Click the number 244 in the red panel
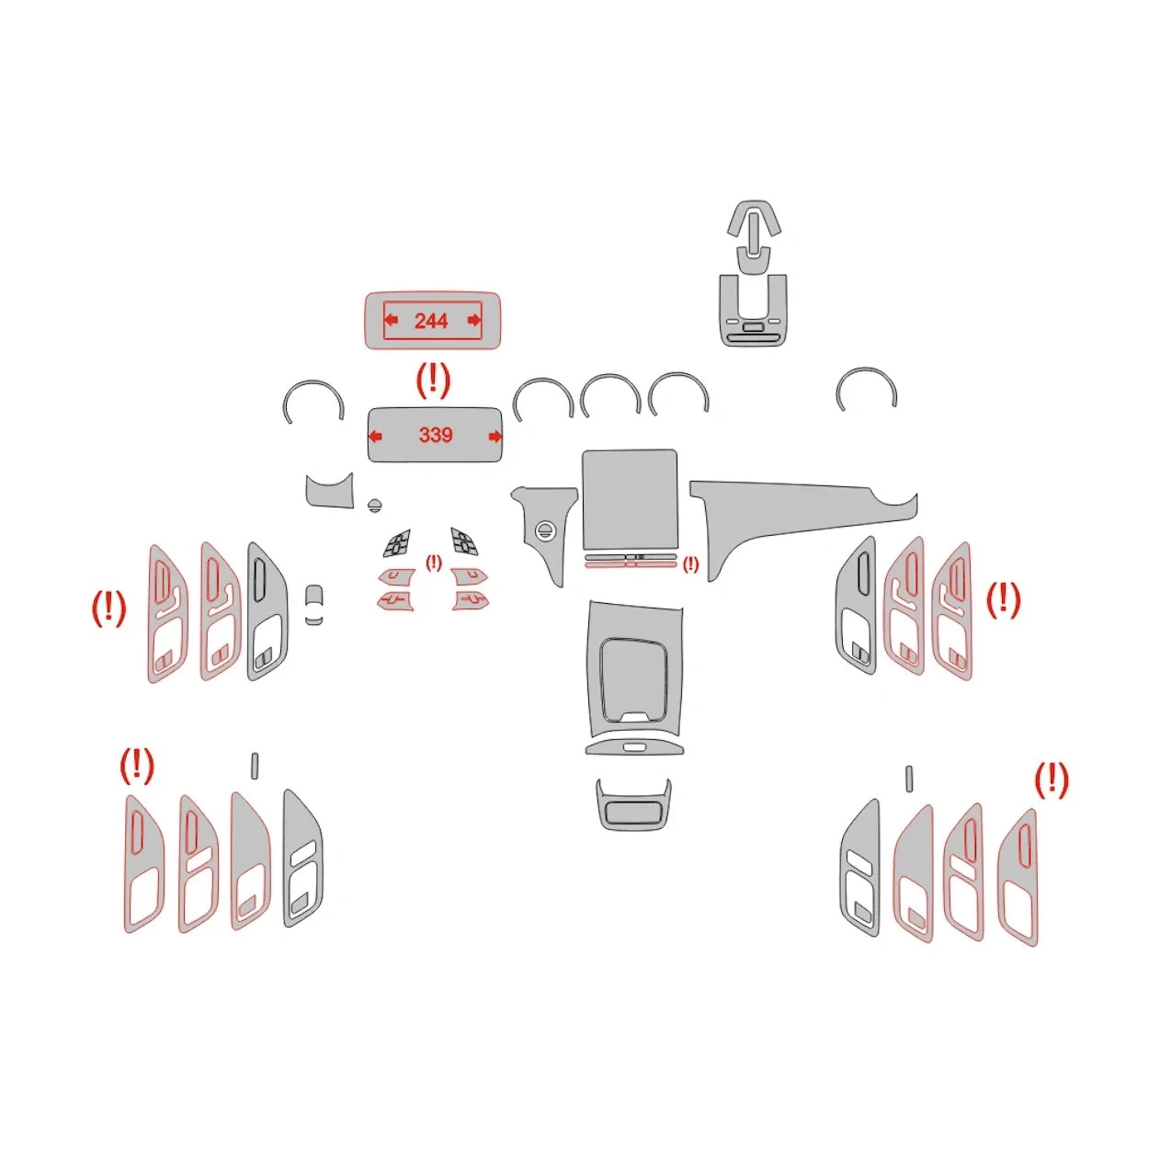click(430, 321)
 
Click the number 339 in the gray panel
click(435, 435)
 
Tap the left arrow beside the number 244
click(391, 320)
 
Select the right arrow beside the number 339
click(495, 437)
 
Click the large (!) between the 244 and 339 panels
click(433, 379)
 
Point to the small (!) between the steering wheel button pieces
click(433, 562)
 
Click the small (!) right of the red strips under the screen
click(690, 564)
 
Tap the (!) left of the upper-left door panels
click(108, 608)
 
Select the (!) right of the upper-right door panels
click(1003, 600)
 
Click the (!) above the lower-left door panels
click(137, 765)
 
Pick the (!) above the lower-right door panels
click(1051, 780)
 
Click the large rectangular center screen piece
click(630, 501)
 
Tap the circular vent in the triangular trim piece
click(544, 529)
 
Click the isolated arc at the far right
click(866, 386)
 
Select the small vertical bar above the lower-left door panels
click(255, 766)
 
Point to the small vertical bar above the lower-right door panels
click(909, 778)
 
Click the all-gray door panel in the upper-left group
click(267, 611)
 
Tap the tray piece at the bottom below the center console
click(632, 804)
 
